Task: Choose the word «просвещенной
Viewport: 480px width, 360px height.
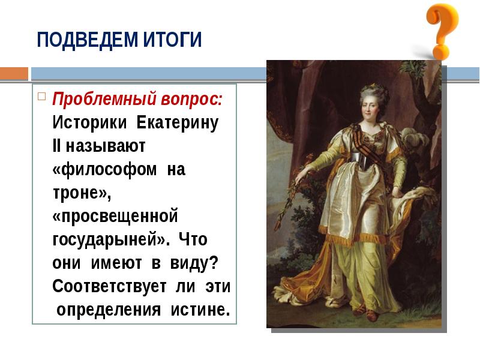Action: tap(116, 216)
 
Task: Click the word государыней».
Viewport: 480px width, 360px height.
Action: tap(106, 239)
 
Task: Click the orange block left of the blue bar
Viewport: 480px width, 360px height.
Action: tap(14, 73)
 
